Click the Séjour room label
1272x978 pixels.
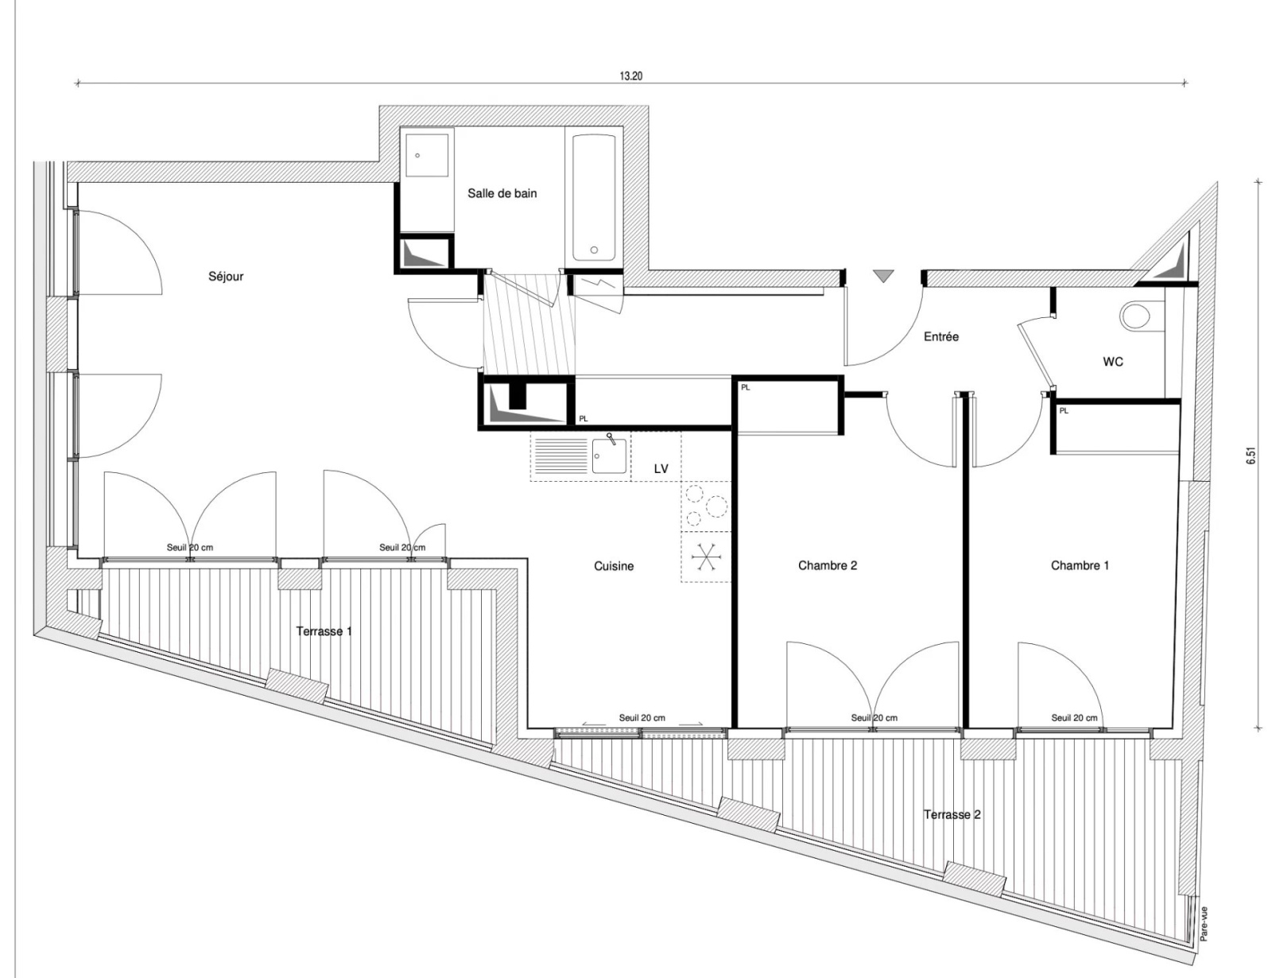[x=226, y=276]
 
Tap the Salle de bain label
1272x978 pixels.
[x=502, y=193]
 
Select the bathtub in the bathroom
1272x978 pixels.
[x=594, y=198]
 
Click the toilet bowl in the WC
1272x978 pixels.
[x=1134, y=316]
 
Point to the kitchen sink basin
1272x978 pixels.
[x=609, y=456]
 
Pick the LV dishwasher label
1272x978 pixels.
[x=661, y=469]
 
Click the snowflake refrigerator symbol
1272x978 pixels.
[x=706, y=557]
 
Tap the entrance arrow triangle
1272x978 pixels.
[x=882, y=276]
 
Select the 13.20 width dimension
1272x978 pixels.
[x=631, y=76]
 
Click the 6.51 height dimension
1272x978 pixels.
[x=1251, y=456]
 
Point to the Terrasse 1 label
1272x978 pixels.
[x=324, y=631]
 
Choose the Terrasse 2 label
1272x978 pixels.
[x=952, y=814]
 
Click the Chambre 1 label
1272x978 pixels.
[x=1080, y=565]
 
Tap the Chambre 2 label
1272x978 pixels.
[x=828, y=565]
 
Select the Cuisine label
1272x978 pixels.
[x=614, y=566]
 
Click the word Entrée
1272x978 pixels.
[x=941, y=336]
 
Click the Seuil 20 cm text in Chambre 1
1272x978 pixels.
[x=1074, y=717]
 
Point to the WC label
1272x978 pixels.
[x=1113, y=362]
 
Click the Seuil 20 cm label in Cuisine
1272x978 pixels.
[x=642, y=717]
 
